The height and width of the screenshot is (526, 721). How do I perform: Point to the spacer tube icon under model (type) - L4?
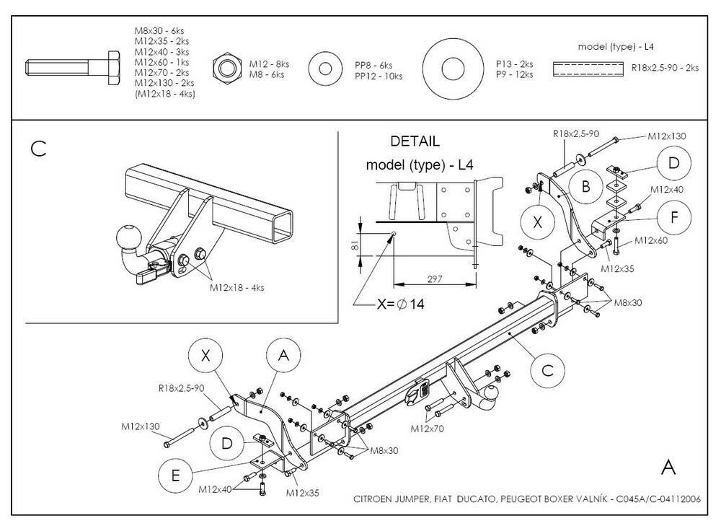pyautogui.click(x=588, y=69)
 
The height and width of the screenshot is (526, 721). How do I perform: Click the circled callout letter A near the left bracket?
pyautogui.click(x=283, y=354)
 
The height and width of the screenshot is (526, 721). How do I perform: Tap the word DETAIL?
pyautogui.click(x=415, y=141)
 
